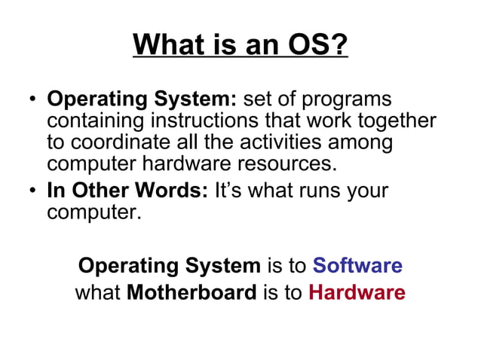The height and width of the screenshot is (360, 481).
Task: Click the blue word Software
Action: tap(357, 266)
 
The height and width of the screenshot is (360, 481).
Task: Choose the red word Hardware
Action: tap(357, 292)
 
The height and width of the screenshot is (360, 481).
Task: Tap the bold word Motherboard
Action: tap(191, 292)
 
